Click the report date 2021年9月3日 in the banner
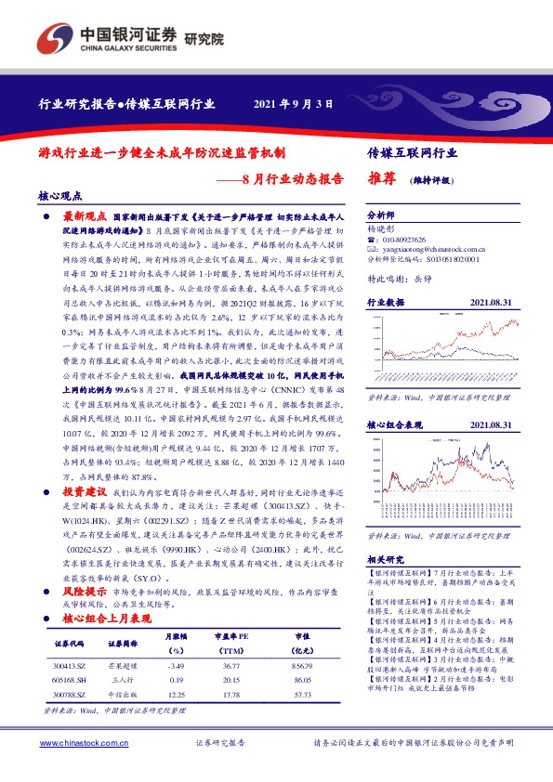[x=293, y=104]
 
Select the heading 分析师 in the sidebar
[x=382, y=213]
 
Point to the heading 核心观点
[x=60, y=196]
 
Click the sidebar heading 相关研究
[x=384, y=560]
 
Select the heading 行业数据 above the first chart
[x=387, y=303]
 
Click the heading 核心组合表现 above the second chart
[x=395, y=424]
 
